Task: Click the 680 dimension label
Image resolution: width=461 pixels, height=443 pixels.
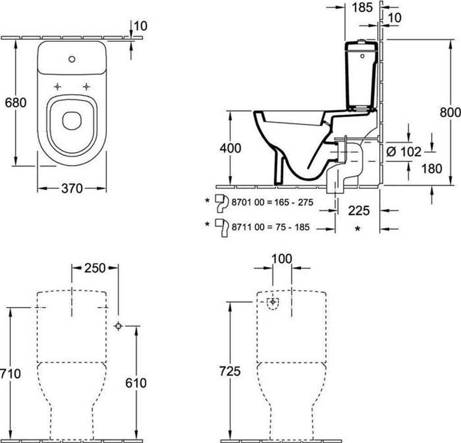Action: click(16, 102)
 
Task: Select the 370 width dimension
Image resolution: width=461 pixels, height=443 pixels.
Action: click(72, 188)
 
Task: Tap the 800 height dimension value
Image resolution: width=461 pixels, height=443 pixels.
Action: click(450, 112)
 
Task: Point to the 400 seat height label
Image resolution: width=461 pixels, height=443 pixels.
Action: click(230, 148)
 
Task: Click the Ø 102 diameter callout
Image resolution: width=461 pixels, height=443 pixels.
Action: click(404, 152)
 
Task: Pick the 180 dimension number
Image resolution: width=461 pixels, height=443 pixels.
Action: click(432, 169)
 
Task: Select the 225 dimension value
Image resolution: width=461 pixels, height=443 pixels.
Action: click(359, 210)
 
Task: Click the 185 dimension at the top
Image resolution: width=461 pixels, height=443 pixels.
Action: click(362, 7)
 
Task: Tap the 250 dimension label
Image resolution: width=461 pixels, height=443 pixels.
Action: click(95, 268)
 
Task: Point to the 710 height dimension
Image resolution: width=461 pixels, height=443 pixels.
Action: click(11, 374)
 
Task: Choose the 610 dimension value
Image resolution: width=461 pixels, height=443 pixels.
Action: click(136, 383)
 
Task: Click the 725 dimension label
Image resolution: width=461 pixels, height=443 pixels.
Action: click(230, 371)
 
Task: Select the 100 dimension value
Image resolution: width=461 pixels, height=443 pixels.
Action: click(282, 259)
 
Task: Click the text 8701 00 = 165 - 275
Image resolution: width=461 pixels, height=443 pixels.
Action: click(272, 202)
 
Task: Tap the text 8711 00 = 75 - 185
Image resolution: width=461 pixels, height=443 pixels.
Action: click(271, 227)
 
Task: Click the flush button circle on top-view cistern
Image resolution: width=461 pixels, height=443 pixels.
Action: click(72, 59)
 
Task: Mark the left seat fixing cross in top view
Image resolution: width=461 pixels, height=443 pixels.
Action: click(58, 87)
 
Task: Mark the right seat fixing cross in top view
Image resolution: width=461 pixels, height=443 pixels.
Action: click(86, 87)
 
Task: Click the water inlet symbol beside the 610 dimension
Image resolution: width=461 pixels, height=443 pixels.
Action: click(118, 326)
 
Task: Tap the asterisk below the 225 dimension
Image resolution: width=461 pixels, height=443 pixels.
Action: click(357, 229)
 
